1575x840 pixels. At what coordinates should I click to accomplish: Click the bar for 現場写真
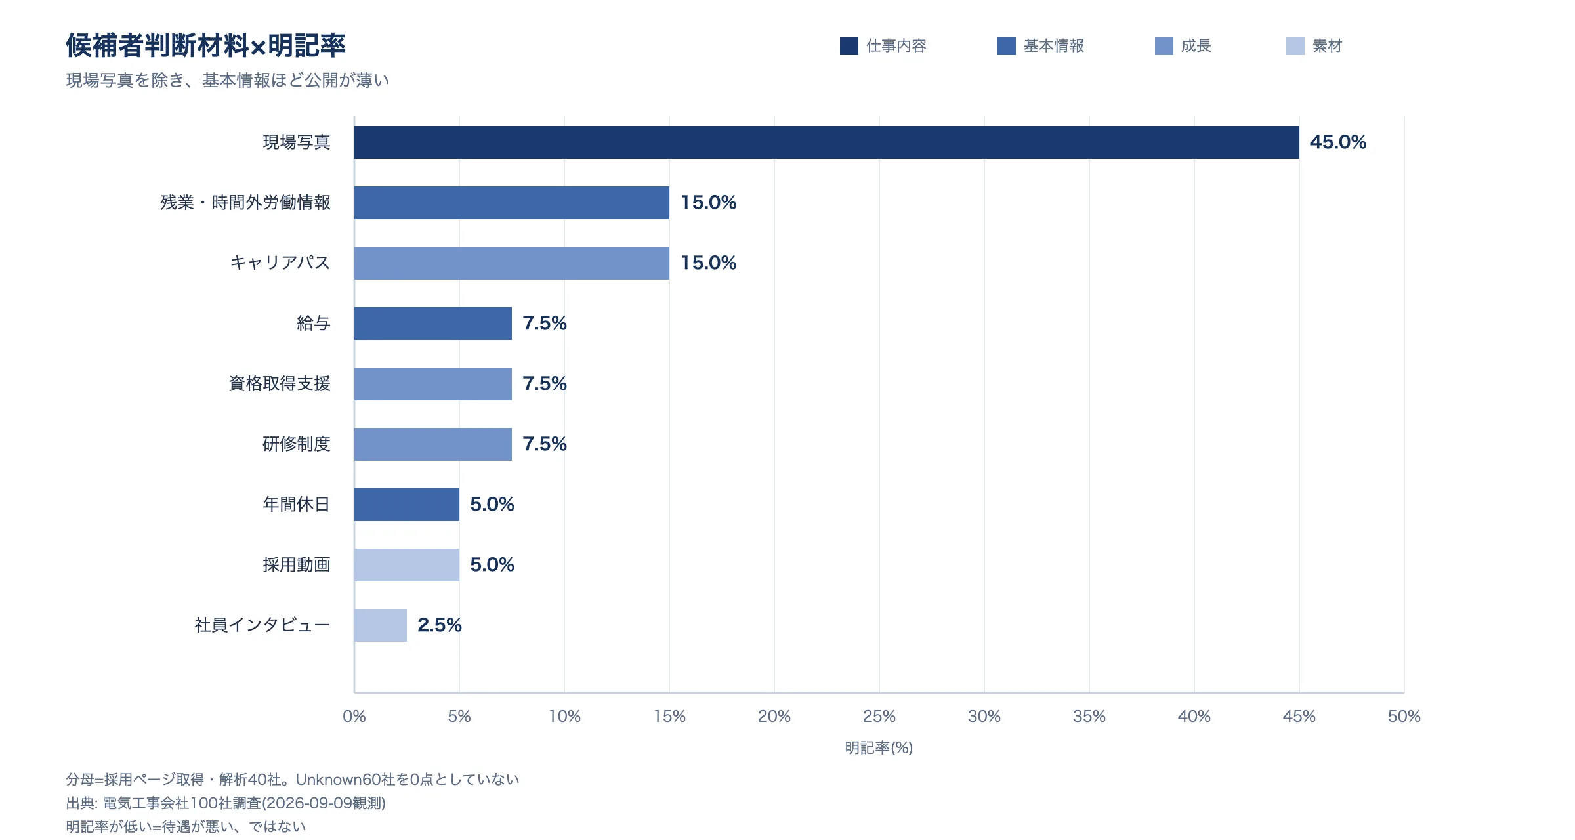tap(827, 142)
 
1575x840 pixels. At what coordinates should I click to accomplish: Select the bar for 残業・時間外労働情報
tap(512, 203)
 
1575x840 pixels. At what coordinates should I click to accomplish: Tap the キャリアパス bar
tap(512, 263)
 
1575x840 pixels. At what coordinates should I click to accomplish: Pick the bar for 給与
tap(433, 324)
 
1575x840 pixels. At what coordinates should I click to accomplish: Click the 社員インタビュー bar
tap(381, 625)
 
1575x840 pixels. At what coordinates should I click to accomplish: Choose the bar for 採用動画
tap(407, 565)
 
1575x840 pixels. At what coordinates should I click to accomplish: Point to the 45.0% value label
tap(1337, 142)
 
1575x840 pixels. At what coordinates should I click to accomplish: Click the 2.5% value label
tap(440, 625)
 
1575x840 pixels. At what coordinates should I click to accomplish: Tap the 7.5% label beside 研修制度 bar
tap(545, 444)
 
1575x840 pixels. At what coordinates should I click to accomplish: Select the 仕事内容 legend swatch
tap(849, 46)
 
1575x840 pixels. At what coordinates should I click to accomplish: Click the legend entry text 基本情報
tap(1054, 46)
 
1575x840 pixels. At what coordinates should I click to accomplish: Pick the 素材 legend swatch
tap(1295, 46)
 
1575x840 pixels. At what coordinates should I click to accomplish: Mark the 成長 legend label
tap(1196, 46)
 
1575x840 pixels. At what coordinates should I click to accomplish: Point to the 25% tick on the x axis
tap(879, 717)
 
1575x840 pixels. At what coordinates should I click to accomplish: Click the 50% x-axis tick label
tap(1404, 717)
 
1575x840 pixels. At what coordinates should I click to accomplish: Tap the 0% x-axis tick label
tap(354, 717)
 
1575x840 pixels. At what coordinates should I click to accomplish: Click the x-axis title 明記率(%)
tap(879, 748)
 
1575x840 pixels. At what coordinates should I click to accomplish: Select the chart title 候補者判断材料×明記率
tap(206, 46)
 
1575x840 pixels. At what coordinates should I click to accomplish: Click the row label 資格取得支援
tap(280, 384)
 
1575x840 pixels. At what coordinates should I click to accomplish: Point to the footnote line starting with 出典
tap(226, 803)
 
